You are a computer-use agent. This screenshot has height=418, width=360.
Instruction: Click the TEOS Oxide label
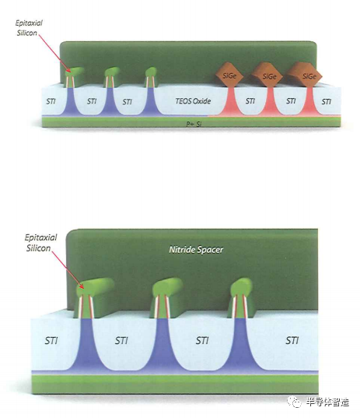(x=193, y=101)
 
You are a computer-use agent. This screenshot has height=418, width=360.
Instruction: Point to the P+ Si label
(x=194, y=125)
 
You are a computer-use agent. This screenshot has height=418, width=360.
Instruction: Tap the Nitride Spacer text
(x=196, y=250)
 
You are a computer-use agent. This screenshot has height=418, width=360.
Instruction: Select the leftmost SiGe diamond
(x=229, y=76)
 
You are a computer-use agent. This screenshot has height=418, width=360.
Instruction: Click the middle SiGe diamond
(x=267, y=76)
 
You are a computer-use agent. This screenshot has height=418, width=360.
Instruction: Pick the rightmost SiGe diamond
(x=306, y=75)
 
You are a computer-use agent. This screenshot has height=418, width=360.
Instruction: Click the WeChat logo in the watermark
(x=294, y=401)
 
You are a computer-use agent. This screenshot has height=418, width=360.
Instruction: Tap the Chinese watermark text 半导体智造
(x=327, y=402)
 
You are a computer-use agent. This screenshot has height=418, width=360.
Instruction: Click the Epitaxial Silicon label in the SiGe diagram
(x=28, y=28)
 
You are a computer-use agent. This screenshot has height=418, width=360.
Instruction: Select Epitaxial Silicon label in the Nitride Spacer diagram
(x=40, y=243)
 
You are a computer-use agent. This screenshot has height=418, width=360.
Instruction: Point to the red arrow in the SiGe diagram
(x=55, y=53)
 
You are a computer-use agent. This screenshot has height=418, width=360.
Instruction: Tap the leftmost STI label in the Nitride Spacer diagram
(x=51, y=340)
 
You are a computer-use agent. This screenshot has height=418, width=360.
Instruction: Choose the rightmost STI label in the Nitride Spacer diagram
(x=292, y=340)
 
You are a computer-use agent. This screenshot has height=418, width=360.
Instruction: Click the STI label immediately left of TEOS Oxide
(x=128, y=102)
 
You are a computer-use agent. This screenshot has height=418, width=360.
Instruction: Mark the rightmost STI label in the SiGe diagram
(x=327, y=101)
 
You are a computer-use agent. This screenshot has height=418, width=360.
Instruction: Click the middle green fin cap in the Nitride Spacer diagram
(x=166, y=288)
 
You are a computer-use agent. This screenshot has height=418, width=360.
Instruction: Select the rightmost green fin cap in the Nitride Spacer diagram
(x=241, y=288)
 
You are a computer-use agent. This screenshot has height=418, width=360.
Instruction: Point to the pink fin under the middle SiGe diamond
(x=270, y=100)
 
